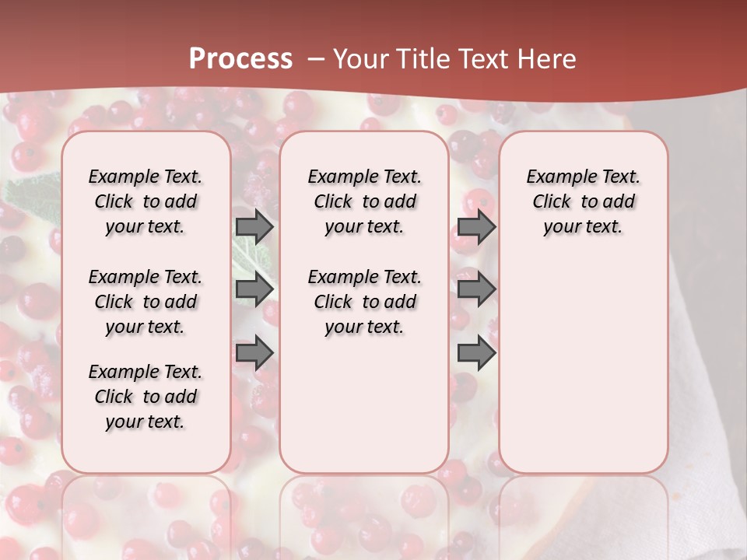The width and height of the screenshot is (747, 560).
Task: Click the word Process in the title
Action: pyautogui.click(x=240, y=58)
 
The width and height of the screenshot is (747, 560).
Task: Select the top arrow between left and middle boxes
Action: pyautogui.click(x=254, y=226)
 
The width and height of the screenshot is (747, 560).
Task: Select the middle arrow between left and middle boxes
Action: pyautogui.click(x=254, y=289)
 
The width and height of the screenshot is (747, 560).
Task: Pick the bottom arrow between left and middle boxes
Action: pyautogui.click(x=254, y=353)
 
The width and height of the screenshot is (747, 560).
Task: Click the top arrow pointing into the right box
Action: pyautogui.click(x=476, y=226)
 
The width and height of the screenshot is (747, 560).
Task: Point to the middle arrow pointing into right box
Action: pyautogui.click(x=476, y=289)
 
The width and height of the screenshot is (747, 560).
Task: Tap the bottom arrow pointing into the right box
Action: pyautogui.click(x=476, y=353)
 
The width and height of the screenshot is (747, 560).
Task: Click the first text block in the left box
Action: pyautogui.click(x=146, y=201)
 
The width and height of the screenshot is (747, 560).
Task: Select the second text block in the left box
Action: pyautogui.click(x=146, y=302)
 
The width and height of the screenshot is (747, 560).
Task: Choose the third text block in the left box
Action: pyautogui.click(x=146, y=397)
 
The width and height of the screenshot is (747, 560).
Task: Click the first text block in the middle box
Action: pyautogui.click(x=364, y=201)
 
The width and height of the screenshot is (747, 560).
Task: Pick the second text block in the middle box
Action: pyautogui.click(x=364, y=302)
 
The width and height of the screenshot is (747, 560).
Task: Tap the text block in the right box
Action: pyautogui.click(x=583, y=201)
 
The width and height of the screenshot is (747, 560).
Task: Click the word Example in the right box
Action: pyautogui.click(x=556, y=177)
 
